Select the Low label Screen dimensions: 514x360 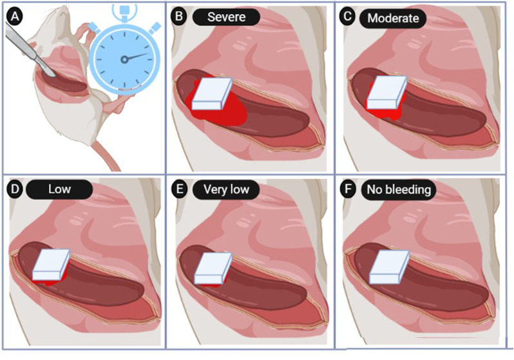click(x=59, y=189)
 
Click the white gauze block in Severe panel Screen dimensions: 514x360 click(x=212, y=95)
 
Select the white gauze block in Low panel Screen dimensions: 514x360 click(x=50, y=265)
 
